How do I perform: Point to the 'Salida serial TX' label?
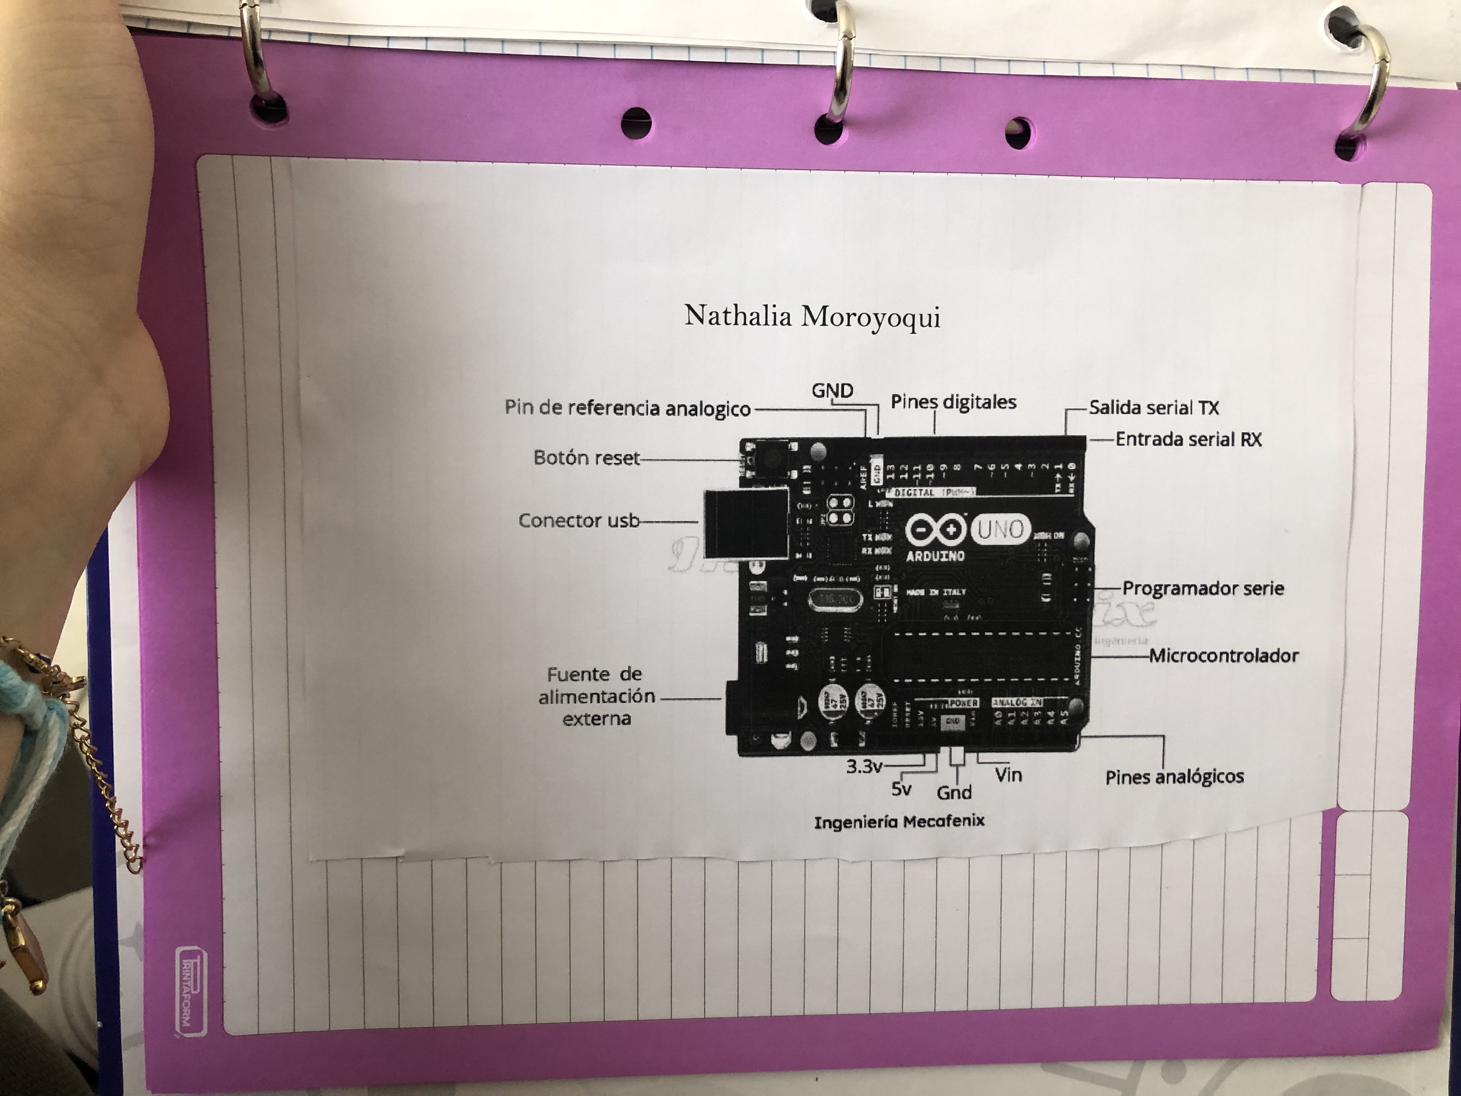click(1154, 408)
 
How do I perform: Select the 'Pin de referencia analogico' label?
click(628, 408)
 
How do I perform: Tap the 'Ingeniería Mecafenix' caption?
click(899, 822)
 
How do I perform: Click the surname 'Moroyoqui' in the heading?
click(870, 317)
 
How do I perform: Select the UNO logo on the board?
click(1001, 529)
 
